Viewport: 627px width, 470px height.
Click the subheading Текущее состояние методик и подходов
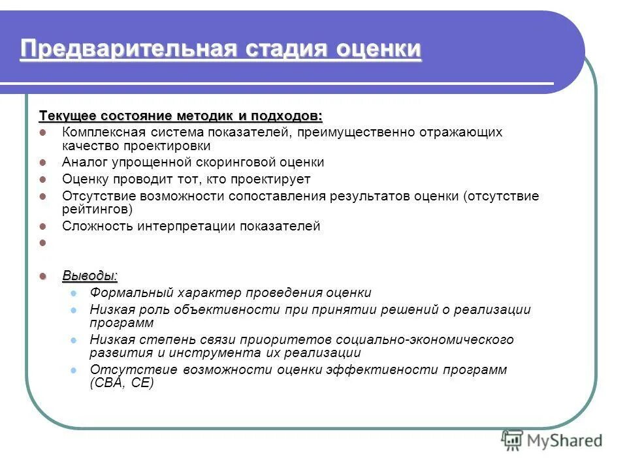181,116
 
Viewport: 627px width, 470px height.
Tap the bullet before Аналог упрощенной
43,162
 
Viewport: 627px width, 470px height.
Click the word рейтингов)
97,210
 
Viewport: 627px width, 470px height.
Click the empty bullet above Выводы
43,243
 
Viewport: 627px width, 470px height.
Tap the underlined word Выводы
90,275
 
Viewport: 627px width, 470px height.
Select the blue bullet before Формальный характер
74,293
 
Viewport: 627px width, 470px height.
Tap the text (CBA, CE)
121,383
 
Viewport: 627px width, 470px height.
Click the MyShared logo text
565,441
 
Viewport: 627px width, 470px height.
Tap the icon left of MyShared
513,440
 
